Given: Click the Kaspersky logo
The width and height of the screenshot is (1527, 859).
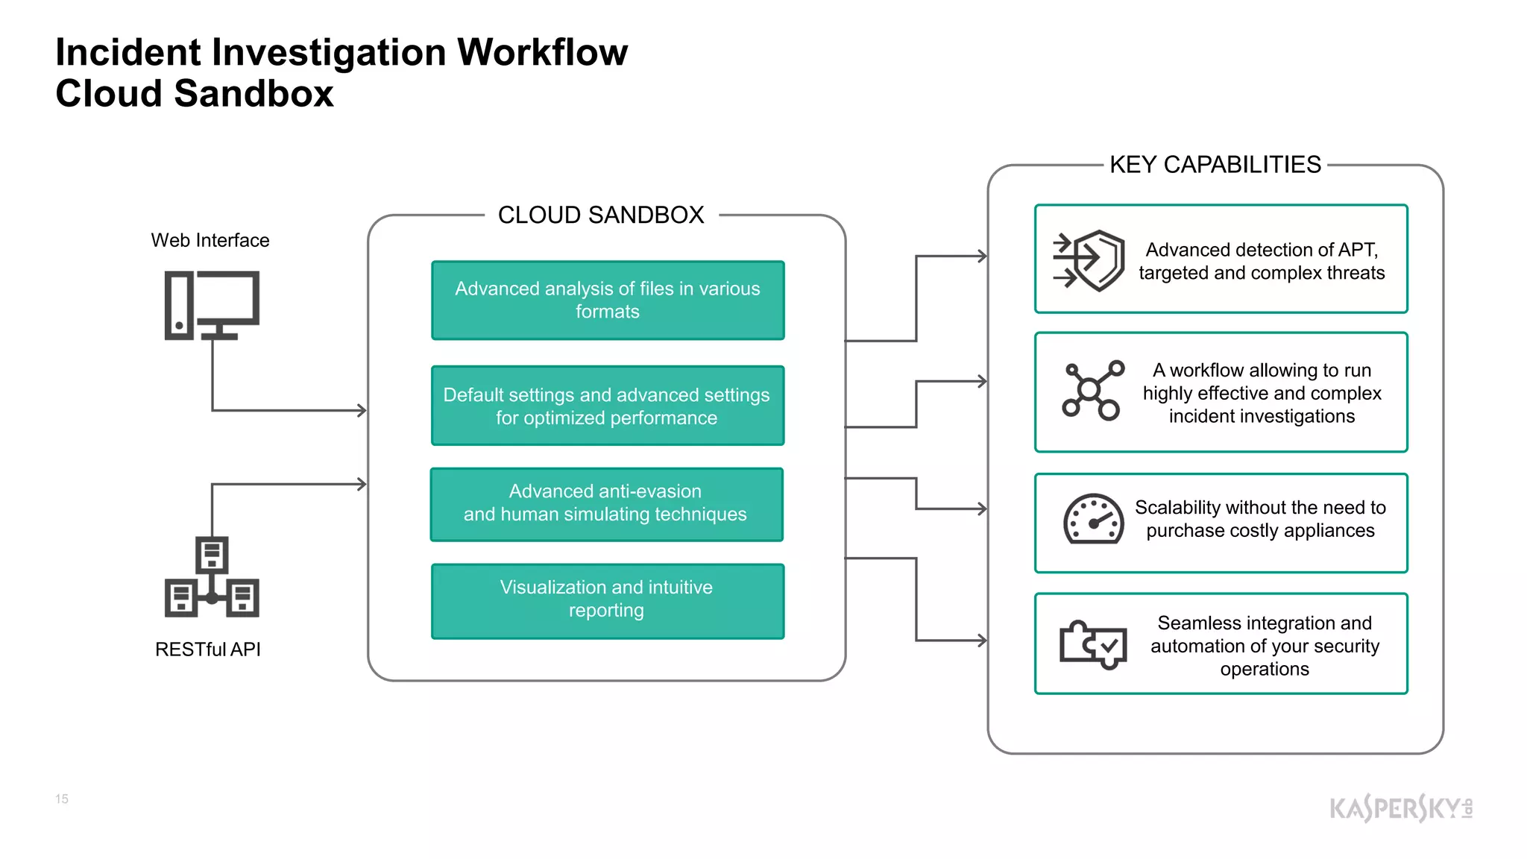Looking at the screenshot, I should [x=1400, y=808].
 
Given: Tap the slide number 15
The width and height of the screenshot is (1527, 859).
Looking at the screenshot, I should [x=62, y=799].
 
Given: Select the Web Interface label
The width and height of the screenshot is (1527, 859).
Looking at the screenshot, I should [x=210, y=240].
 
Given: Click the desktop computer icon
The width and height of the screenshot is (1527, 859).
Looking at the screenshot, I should [x=212, y=306].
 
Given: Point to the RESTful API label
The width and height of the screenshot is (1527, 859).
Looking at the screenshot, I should [x=208, y=649].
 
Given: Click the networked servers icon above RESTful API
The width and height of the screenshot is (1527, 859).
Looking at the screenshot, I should [x=212, y=577].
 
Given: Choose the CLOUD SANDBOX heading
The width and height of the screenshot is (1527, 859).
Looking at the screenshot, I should [x=601, y=215].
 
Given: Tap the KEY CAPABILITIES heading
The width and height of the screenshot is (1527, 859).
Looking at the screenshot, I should [x=1215, y=165].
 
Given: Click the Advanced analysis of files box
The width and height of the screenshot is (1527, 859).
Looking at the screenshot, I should [x=608, y=301].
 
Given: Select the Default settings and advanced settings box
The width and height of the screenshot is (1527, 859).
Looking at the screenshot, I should [x=608, y=406].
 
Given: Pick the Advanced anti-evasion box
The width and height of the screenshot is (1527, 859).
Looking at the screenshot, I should [x=606, y=504].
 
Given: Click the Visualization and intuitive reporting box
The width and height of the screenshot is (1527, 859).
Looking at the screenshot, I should [x=608, y=601].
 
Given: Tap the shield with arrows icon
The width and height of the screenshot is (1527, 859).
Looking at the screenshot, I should [x=1089, y=260].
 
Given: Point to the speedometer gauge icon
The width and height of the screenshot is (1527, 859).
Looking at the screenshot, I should [x=1093, y=520].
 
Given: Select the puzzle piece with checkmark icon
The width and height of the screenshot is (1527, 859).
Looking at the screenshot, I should [x=1093, y=644].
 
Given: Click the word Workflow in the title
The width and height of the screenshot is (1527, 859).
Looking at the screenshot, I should [x=542, y=53].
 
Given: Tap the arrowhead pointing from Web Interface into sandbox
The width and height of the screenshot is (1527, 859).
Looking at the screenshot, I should [x=362, y=410].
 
